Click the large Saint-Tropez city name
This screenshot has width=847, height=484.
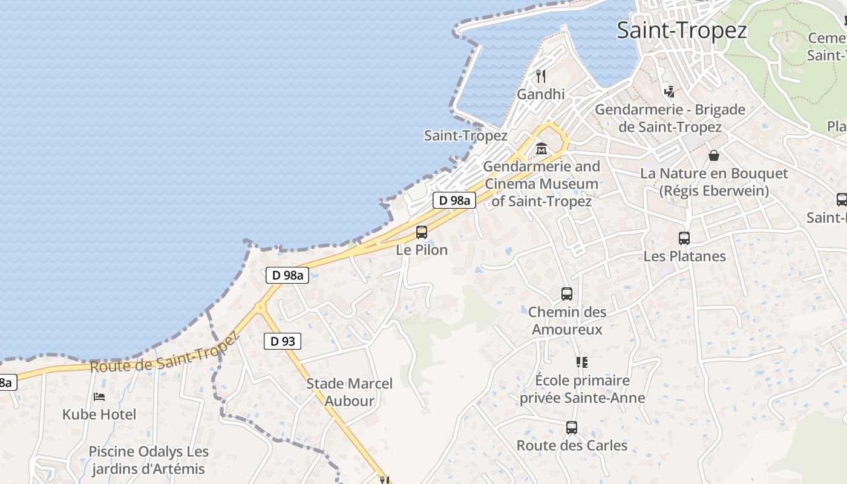coord(682,30)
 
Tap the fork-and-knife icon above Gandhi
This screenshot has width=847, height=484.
coord(541,76)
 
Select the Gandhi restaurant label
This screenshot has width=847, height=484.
coord(541,94)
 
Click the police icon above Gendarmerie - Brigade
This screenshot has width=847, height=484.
coord(669,91)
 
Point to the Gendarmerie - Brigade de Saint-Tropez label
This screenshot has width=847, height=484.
coord(670,119)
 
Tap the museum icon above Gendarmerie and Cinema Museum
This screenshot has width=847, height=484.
coord(541,148)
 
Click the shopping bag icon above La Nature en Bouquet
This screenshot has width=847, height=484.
coord(714,155)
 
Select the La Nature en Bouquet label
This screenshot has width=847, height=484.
coord(714,182)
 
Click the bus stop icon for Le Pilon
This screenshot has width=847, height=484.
coord(422,232)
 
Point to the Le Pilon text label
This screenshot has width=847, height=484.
coord(422,250)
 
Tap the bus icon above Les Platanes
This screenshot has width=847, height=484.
coord(684,238)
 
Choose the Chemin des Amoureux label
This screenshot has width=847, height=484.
coord(567,321)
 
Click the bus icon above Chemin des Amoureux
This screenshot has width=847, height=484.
coord(567,294)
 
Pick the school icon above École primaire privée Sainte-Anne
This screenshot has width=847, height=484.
coord(582,362)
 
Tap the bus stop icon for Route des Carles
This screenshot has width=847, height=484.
coord(572,428)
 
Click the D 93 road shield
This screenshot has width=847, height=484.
coord(283,341)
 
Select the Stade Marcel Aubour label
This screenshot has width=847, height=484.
coord(349,392)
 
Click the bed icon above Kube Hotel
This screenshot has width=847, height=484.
coord(99,397)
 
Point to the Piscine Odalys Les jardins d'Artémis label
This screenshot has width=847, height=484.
coord(148,460)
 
